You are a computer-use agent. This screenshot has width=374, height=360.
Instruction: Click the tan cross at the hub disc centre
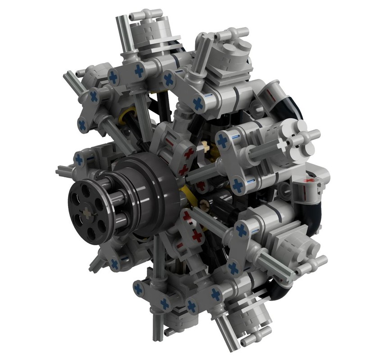(x=87, y=211)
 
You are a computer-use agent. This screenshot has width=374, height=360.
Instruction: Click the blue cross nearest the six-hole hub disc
(x=80, y=159)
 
